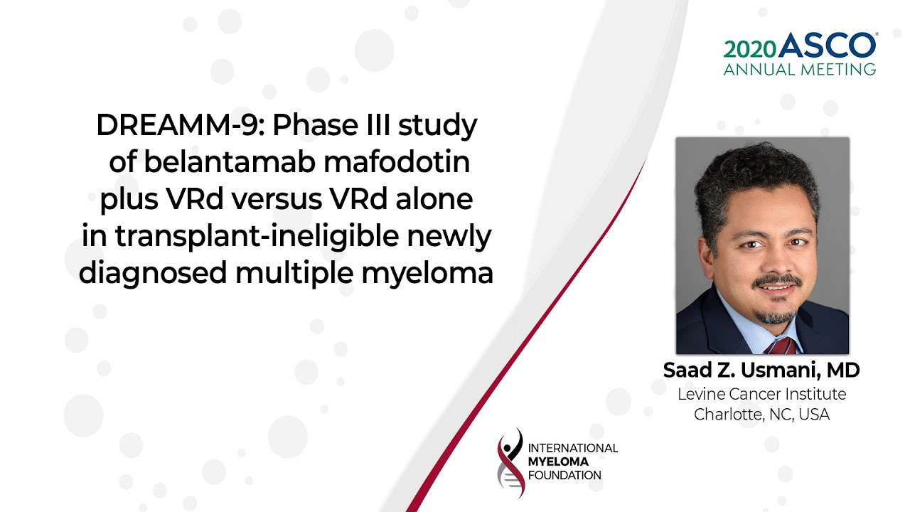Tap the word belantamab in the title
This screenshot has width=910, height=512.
[x=230, y=161]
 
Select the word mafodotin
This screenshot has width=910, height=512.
[x=397, y=161]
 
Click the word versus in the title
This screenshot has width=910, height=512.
[x=277, y=200]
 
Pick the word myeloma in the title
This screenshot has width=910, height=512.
[x=427, y=274]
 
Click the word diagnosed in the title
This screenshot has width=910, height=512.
[x=153, y=273]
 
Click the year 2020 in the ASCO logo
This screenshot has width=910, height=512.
[x=750, y=50]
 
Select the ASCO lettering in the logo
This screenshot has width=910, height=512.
[x=827, y=45]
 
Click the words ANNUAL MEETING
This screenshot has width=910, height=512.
[x=800, y=70]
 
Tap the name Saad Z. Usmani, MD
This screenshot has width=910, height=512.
[x=761, y=370]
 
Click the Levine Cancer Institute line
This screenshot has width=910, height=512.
[x=761, y=394]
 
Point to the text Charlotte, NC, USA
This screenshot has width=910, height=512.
[x=761, y=415]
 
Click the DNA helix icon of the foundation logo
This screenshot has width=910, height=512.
[x=510, y=463]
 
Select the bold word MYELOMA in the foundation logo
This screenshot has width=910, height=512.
[x=558, y=462]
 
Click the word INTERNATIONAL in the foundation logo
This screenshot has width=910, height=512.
[x=573, y=448]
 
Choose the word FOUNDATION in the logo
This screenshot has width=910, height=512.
[x=564, y=475]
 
